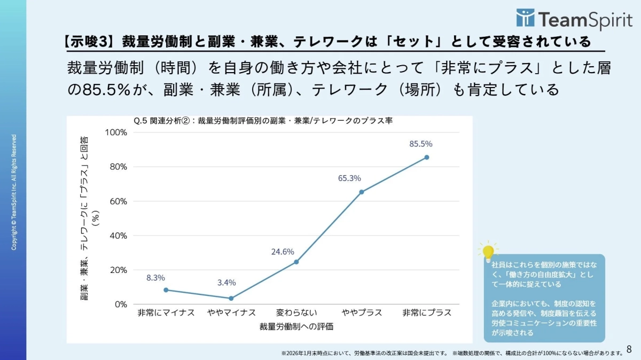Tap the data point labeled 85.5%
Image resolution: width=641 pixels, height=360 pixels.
[x=426, y=157]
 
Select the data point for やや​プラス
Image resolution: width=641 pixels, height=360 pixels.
[x=361, y=192]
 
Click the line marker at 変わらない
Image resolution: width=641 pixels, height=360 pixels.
[x=296, y=262]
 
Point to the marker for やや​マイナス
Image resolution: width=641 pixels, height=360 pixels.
[x=231, y=298]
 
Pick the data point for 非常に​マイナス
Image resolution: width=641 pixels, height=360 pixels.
[x=166, y=289]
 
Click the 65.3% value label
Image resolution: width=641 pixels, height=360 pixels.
[x=349, y=178]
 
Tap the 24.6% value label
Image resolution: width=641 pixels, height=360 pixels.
[x=283, y=252]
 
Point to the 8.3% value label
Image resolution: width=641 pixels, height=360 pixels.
[x=155, y=278]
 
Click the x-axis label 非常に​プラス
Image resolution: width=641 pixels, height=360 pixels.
[x=426, y=312]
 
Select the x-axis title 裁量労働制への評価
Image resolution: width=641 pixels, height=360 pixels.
[x=296, y=326]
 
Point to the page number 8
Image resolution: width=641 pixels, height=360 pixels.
[x=629, y=350]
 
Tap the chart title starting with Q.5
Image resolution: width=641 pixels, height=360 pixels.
[x=263, y=121]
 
